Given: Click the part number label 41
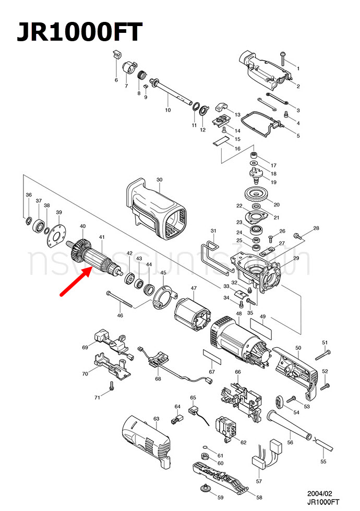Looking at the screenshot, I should [x=102, y=237].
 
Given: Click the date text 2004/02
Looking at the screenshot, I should [x=319, y=493].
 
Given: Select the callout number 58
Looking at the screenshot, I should [x=259, y=497].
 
